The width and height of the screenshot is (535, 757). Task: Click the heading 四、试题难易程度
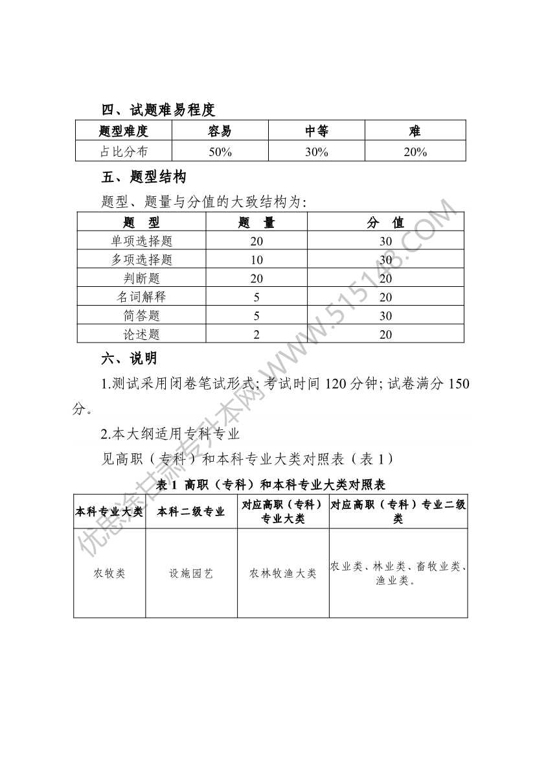pyautogui.click(x=159, y=109)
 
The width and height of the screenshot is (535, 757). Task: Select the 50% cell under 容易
pyautogui.click(x=220, y=152)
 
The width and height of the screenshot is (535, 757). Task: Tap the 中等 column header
pyautogui.click(x=317, y=131)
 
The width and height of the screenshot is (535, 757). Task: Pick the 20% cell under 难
pyautogui.click(x=415, y=152)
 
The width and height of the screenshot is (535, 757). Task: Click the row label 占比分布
pyautogui.click(x=124, y=152)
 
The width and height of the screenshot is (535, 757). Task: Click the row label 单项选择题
pyautogui.click(x=142, y=241)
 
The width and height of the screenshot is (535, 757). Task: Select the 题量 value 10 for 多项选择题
pyautogui.click(x=256, y=260)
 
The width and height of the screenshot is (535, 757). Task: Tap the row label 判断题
pyautogui.click(x=142, y=278)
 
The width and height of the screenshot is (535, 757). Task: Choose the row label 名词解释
pyautogui.click(x=142, y=297)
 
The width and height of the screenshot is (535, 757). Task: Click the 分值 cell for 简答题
pyautogui.click(x=386, y=316)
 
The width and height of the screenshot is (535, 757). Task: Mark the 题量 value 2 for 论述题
pyautogui.click(x=256, y=335)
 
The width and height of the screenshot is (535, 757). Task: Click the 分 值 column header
pyautogui.click(x=386, y=223)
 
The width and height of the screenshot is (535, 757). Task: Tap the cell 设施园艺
pyautogui.click(x=191, y=574)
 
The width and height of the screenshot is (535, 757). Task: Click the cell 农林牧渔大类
pyautogui.click(x=283, y=574)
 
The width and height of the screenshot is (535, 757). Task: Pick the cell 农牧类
pyautogui.click(x=109, y=574)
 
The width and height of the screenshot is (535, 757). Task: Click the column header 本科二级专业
pyautogui.click(x=191, y=512)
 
